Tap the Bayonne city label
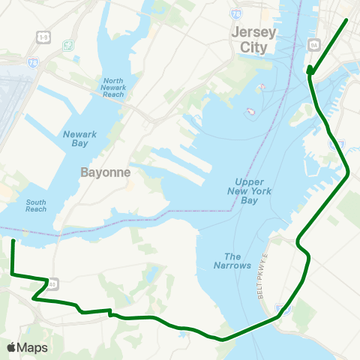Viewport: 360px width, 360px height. point(106,172)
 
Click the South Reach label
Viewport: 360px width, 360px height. point(36,205)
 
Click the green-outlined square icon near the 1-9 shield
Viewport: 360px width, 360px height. point(68,46)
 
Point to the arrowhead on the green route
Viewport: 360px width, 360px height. point(309,72)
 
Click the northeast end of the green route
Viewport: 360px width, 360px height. point(346,19)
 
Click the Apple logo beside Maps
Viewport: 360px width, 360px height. point(11,347)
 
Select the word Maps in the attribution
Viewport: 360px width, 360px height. point(32,347)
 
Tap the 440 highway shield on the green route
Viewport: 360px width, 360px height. point(53,282)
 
